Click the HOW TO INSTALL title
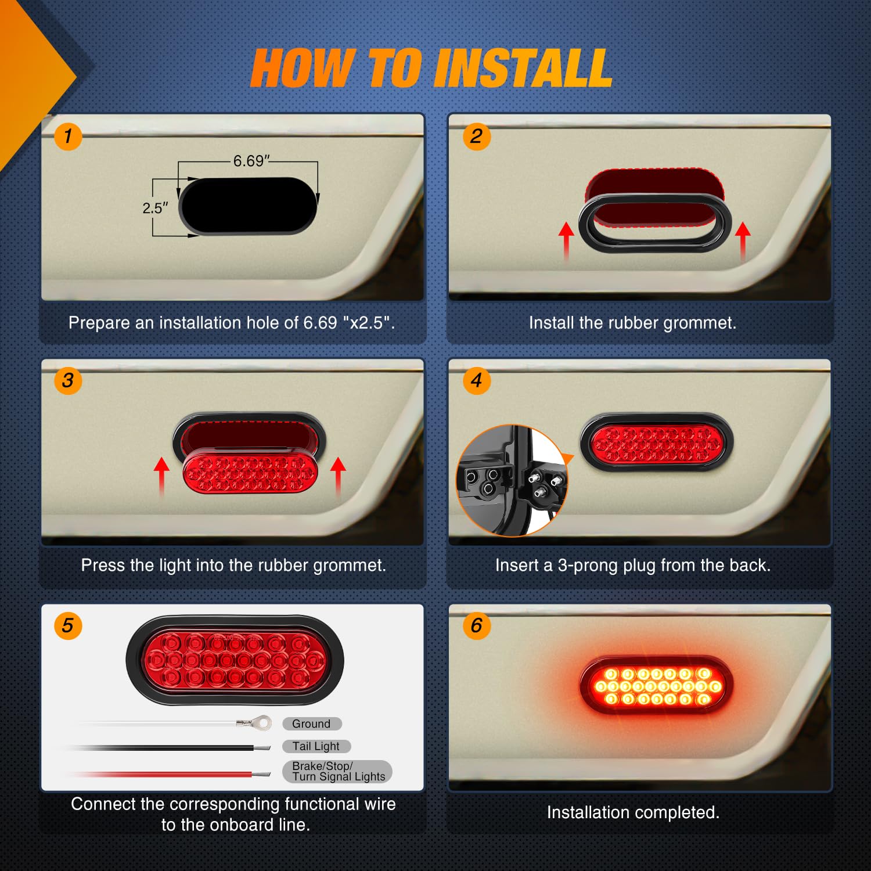(x=431, y=69)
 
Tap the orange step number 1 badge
(x=68, y=136)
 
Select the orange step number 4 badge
(x=476, y=381)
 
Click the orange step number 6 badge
(x=476, y=626)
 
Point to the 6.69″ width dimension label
(x=251, y=161)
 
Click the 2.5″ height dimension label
(x=155, y=208)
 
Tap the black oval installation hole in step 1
(x=249, y=206)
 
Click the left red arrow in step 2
(x=566, y=241)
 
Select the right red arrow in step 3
(x=338, y=476)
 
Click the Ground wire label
(x=312, y=724)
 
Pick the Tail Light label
(x=316, y=746)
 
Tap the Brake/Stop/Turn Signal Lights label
(x=337, y=772)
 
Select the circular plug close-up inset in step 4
(x=511, y=480)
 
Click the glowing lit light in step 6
(x=657, y=686)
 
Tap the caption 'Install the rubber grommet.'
(x=632, y=323)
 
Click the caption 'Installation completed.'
(x=633, y=812)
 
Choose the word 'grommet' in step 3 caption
(x=348, y=566)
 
